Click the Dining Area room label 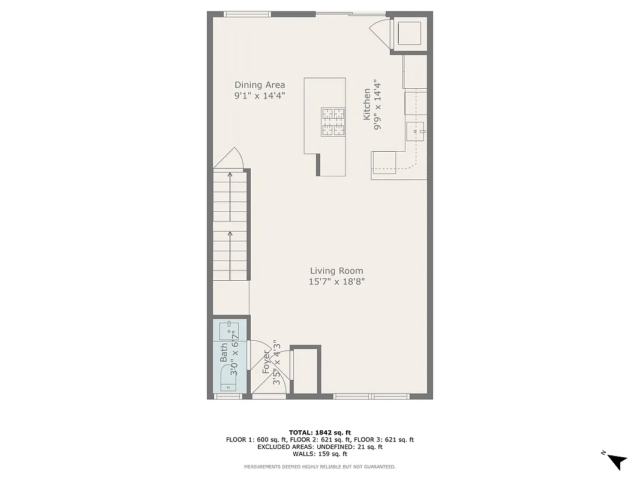[259, 85]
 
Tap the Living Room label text [336, 271]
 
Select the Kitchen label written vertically [366, 104]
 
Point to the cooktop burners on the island [333, 122]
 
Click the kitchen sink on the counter [416, 130]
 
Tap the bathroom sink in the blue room [230, 330]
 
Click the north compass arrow [615, 460]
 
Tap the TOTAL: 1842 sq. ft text [320, 432]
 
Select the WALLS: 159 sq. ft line [320, 454]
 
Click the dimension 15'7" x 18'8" [336, 281]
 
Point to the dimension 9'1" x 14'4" [259, 95]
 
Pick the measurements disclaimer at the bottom [320, 467]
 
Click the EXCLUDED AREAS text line [320, 447]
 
